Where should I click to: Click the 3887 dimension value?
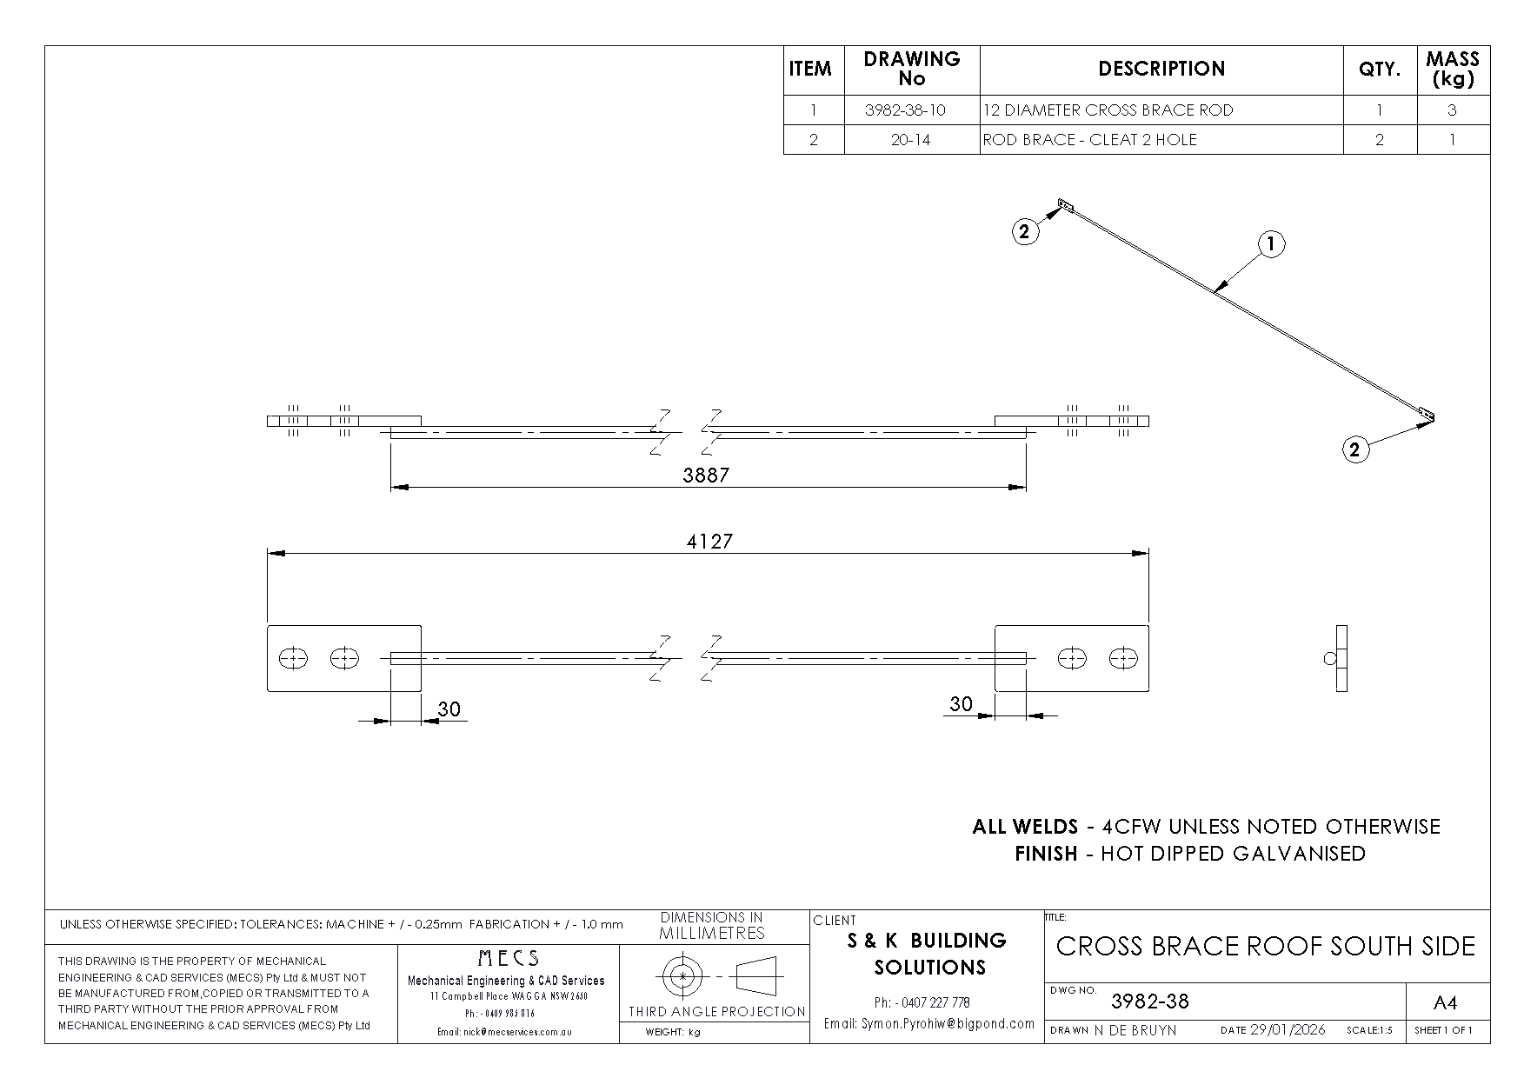tap(706, 475)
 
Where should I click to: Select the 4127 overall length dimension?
tap(709, 541)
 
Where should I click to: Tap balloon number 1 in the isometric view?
tap(1271, 244)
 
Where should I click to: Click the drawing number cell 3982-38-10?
tap(911, 110)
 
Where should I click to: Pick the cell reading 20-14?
tap(911, 140)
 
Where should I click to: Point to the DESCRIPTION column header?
tap(1161, 69)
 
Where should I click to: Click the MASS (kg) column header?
tap(1453, 69)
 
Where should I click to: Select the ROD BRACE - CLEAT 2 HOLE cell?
tap(1090, 140)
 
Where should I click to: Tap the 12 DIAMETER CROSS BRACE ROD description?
tap(1108, 110)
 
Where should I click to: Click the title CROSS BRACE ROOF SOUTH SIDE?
tap(1266, 946)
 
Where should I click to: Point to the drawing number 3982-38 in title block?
tap(1150, 1001)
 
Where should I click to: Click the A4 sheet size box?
tap(1444, 1003)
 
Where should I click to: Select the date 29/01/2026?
tap(1288, 1030)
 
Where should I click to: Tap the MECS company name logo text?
tap(509, 958)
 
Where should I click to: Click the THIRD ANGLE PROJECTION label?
tap(717, 1011)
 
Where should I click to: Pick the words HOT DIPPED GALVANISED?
tap(1233, 854)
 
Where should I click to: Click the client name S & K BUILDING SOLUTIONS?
tap(928, 954)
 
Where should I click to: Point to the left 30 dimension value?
tap(449, 709)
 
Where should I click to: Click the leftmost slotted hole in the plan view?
tap(293, 658)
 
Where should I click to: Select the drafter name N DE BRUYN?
tap(1135, 1030)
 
